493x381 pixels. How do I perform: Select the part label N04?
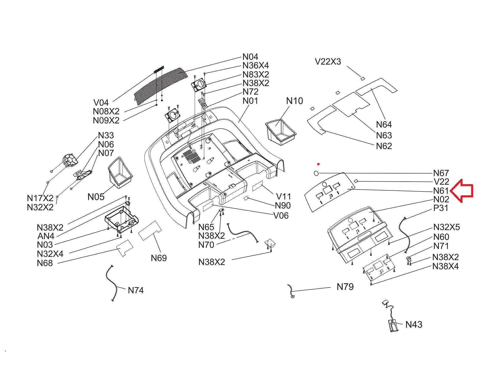[250, 57]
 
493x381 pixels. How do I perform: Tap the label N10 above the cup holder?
[294, 101]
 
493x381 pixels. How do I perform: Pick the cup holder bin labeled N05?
[120, 172]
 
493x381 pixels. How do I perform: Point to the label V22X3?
[328, 62]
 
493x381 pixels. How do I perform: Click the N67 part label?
[441, 173]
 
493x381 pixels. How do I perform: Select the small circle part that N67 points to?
[316, 173]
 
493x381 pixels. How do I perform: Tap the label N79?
[345, 287]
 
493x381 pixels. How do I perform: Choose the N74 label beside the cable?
[136, 290]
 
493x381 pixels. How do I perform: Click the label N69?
[159, 258]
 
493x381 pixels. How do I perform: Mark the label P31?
[441, 208]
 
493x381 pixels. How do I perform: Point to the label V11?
[283, 196]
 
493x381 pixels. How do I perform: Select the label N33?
[106, 135]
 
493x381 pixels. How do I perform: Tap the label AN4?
[46, 236]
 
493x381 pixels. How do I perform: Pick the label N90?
[283, 205]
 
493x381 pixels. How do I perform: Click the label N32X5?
[446, 227]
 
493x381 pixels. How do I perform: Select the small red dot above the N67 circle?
[318, 164]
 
